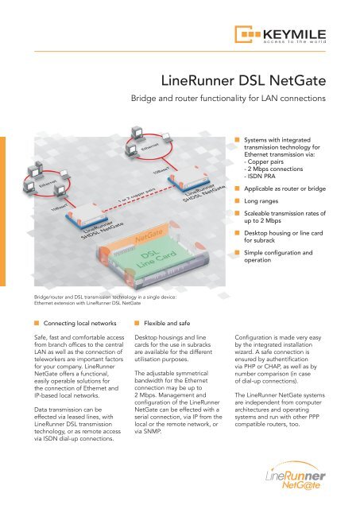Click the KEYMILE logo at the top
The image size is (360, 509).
pos(281,34)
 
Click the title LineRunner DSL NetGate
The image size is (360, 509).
pos(243,80)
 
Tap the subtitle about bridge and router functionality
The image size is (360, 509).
pos(228,98)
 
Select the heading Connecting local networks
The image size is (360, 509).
pos(79,324)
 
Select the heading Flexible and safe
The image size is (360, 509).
pos(167,324)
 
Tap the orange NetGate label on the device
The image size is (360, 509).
pos(149,235)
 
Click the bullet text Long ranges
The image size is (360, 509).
pos(261,201)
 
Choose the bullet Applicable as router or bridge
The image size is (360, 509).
pos(285,188)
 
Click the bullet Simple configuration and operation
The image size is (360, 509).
pos(278,256)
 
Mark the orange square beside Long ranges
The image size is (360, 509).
pos(237,201)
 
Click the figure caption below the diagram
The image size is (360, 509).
pos(106,300)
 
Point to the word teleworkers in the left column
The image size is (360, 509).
pos(50,359)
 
